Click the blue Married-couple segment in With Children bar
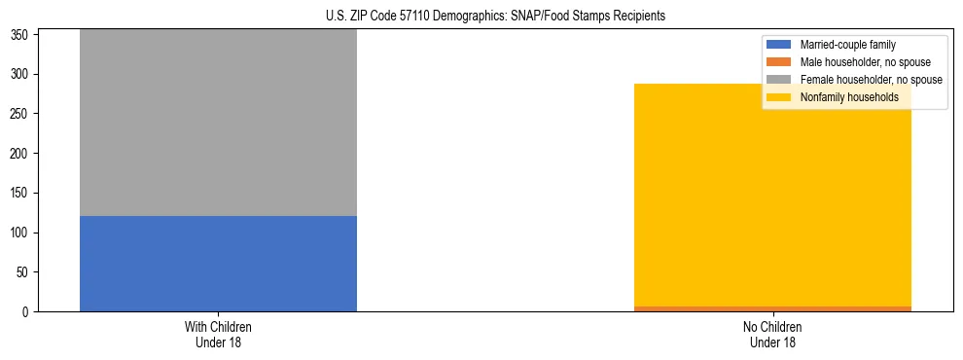218,264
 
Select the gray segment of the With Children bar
218,123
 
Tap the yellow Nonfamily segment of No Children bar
772,195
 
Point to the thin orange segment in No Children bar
772,308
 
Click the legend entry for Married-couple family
847,45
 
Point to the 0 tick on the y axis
29,312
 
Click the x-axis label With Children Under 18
218,335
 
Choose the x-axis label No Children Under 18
772,335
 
